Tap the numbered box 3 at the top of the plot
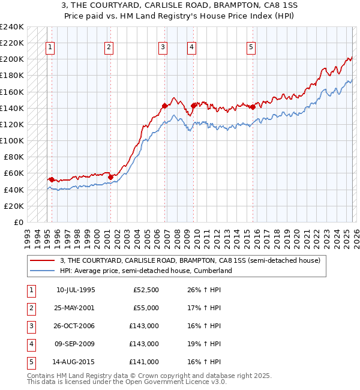point(163,48)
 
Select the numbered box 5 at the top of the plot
point(251,48)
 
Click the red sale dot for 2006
point(164,106)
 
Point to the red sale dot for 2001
point(110,177)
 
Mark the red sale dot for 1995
point(52,179)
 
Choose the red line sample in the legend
point(43,260)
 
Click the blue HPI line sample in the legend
point(43,271)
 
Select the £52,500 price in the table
point(145,290)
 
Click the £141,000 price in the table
point(145,362)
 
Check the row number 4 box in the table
point(31,344)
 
